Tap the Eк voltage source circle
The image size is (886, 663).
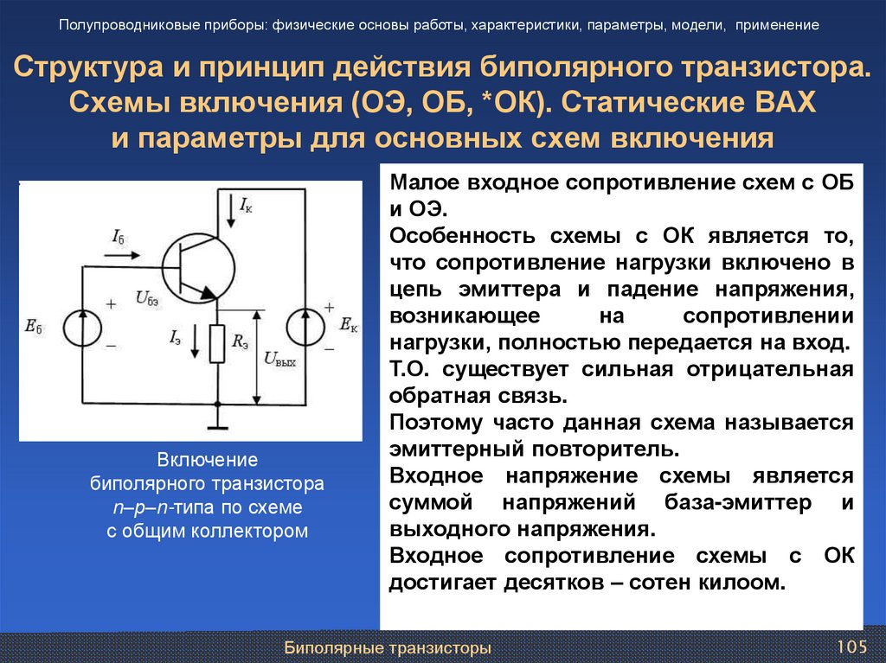point(308,327)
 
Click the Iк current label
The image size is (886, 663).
point(247,205)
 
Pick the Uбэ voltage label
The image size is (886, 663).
point(147,299)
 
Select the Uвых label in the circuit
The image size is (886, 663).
point(279,360)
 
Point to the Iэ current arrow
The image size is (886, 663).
point(196,343)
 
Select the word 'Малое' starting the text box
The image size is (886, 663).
point(427,183)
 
